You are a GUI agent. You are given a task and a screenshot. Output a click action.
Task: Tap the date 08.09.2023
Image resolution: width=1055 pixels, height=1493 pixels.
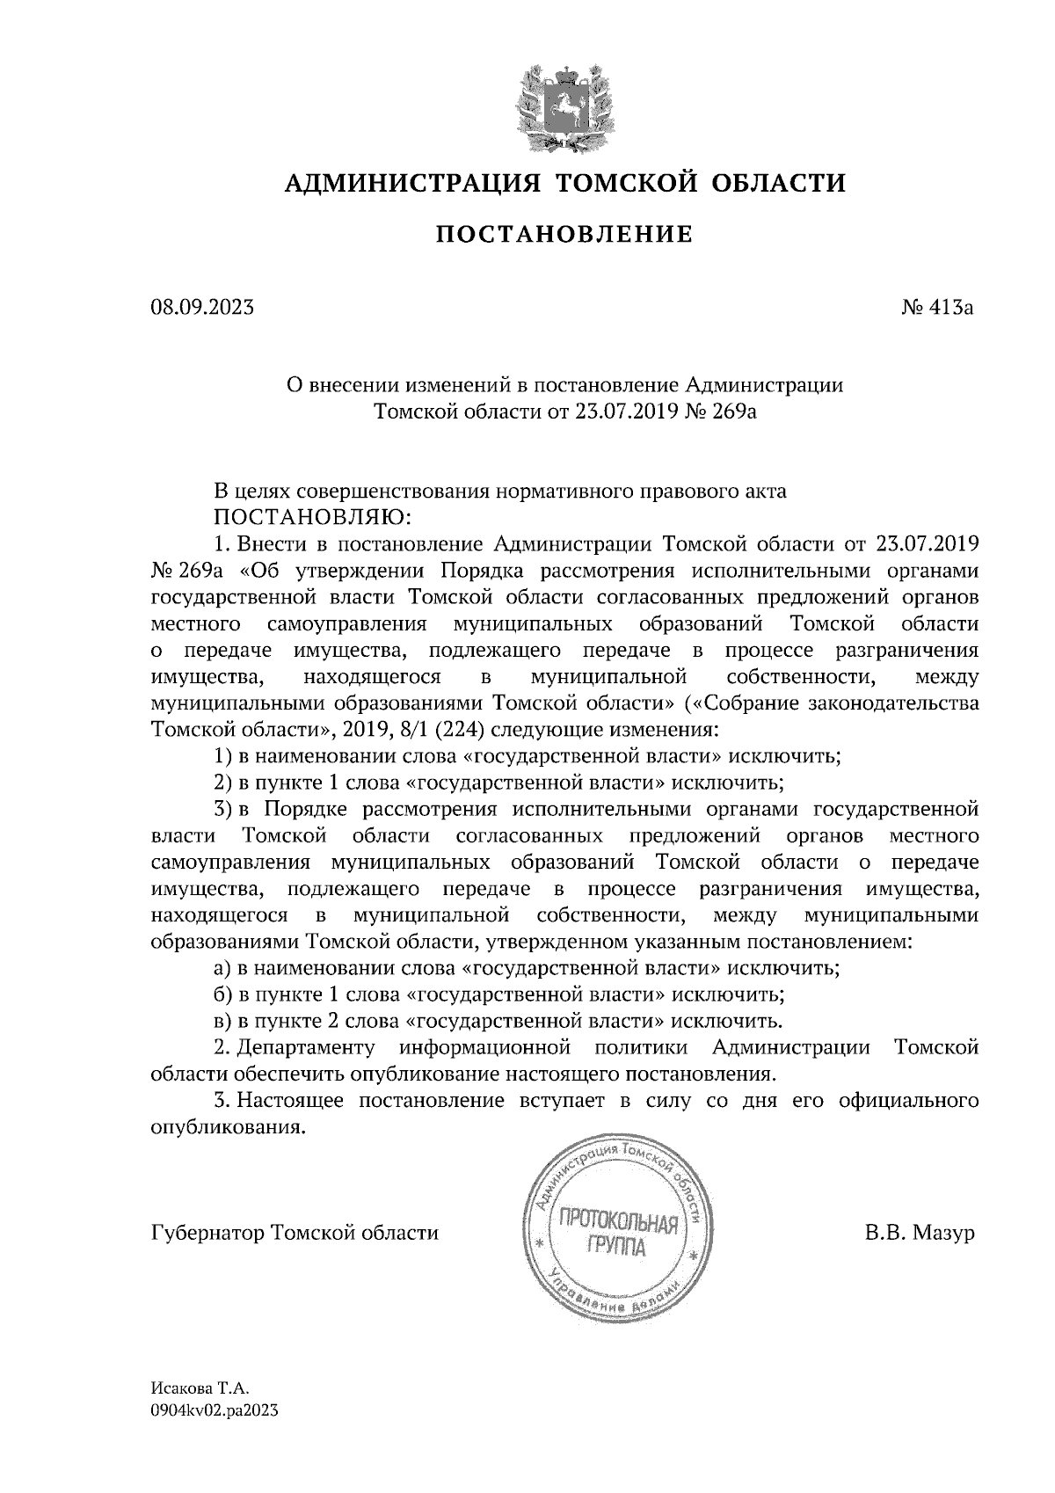pos(202,308)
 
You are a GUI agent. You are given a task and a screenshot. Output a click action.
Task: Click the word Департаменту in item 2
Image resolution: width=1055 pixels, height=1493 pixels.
pos(306,1047)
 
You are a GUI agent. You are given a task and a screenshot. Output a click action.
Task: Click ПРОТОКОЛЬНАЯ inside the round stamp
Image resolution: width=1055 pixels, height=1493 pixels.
pos(615,1223)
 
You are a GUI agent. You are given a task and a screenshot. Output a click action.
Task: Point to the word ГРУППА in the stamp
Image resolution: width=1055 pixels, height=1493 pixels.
pos(615,1249)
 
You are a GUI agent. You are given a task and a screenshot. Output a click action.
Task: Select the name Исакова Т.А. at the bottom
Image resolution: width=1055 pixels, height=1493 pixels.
pos(200,1390)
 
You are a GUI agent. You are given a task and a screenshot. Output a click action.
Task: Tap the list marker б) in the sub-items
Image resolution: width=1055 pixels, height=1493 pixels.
pos(222,994)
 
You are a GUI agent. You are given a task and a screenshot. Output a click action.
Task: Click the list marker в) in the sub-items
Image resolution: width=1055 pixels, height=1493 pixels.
pos(222,1021)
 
